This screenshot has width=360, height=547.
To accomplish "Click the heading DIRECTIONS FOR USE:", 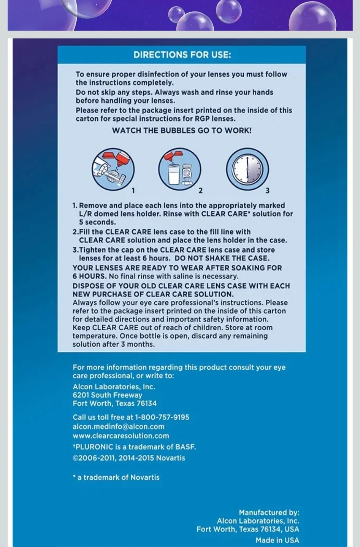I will coord(182,55).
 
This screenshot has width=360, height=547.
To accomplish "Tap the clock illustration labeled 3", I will coord(247,169).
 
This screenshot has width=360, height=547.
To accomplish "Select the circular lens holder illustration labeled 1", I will coord(113,169).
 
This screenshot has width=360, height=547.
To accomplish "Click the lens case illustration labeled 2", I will coord(179,169).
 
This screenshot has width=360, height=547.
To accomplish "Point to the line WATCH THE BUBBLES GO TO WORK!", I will coord(181,131).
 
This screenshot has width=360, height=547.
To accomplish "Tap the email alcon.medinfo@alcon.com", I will coord(118,427).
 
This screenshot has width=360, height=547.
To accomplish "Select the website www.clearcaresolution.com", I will coord(121,436).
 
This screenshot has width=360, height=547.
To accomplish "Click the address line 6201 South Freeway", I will coord(107,395).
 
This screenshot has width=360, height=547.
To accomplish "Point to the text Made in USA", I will coord(277,540).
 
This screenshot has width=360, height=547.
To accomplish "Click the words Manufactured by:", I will coord(269,512).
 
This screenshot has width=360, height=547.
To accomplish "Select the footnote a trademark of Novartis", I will coord(118,477).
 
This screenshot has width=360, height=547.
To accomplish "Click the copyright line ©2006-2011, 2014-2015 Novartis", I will coord(128,458).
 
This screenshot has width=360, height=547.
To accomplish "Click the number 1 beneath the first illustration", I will coord(133,190).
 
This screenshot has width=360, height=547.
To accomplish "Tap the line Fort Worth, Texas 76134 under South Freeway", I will coord(114,403).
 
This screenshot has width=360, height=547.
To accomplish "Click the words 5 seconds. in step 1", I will coord(97,222).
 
